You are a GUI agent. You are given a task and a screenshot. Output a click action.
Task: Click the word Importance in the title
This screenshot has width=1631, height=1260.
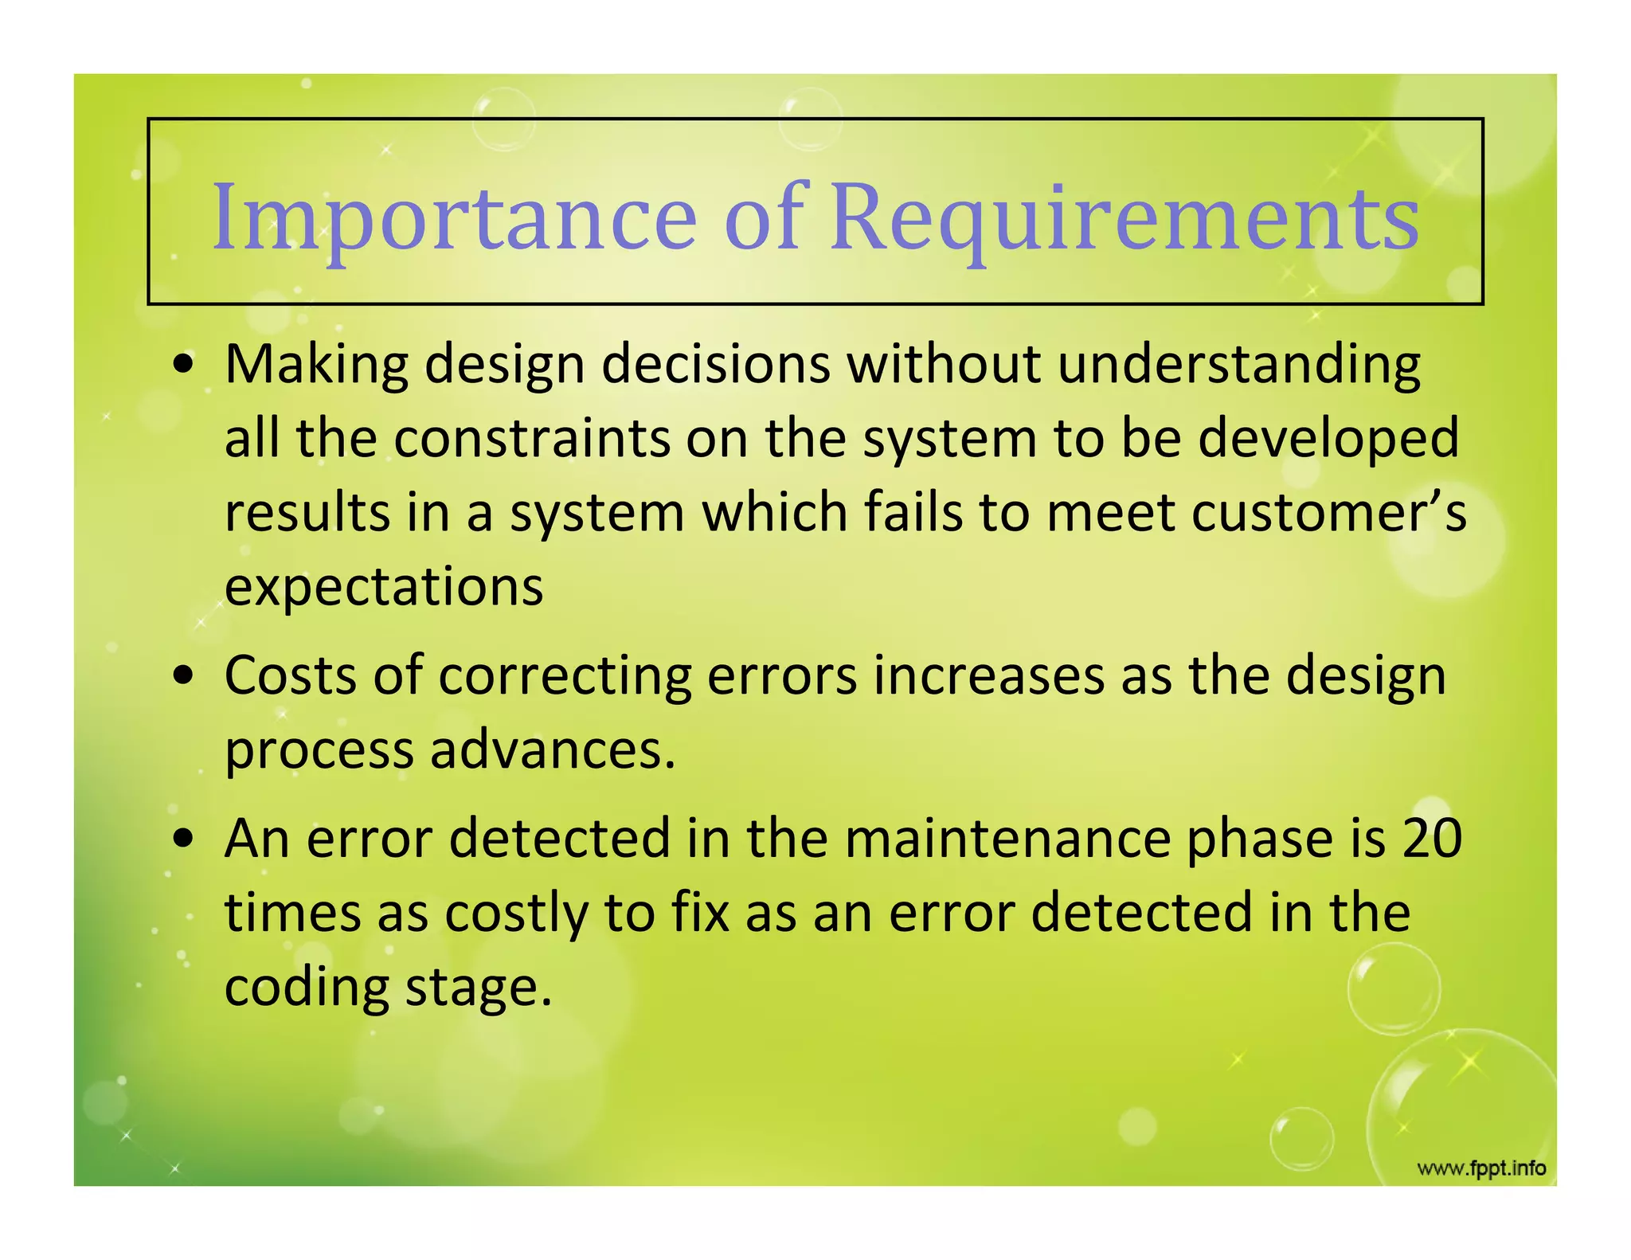(x=454, y=217)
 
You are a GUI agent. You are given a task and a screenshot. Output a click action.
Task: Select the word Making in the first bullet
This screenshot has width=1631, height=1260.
(x=316, y=365)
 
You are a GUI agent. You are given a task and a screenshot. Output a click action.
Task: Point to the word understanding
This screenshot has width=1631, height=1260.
(x=1238, y=365)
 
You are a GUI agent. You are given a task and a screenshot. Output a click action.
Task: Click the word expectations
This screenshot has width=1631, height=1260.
(x=384, y=587)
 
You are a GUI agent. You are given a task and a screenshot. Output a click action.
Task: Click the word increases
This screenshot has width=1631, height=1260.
(x=988, y=675)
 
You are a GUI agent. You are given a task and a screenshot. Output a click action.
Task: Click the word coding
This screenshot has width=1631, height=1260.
(x=307, y=988)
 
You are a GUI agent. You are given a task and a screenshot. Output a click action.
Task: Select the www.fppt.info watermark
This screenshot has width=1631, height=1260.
(x=1481, y=1168)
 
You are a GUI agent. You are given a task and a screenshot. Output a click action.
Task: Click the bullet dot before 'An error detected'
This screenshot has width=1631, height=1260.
(x=184, y=839)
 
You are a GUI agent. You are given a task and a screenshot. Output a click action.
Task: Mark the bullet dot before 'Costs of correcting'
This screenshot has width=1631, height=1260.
(x=184, y=677)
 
